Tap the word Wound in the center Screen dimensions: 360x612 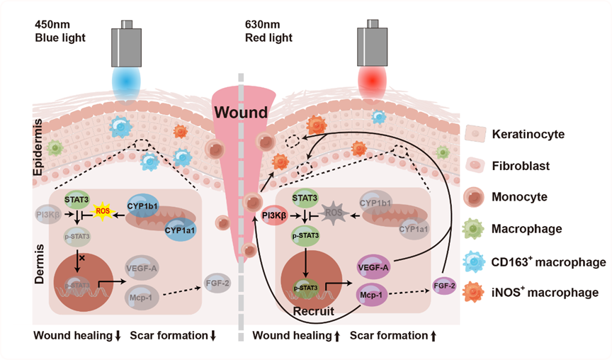pyautogui.click(x=242, y=112)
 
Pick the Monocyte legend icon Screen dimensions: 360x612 pyautogui.click(x=474, y=197)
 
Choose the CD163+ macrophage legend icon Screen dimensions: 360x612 pyautogui.click(x=474, y=261)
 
